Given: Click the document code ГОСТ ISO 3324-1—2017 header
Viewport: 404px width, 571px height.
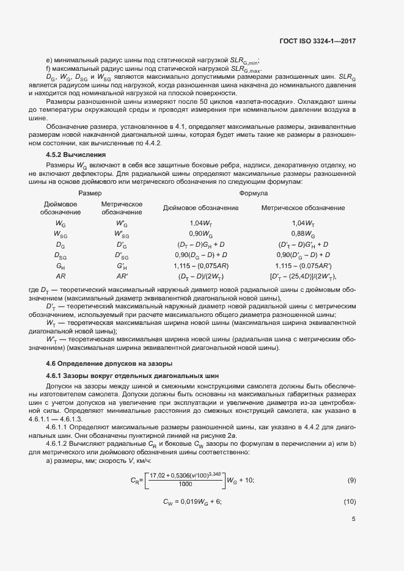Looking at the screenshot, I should pos(321,42).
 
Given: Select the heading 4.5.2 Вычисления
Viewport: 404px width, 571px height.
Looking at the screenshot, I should pos(76,155).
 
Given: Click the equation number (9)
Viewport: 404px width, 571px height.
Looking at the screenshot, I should pos(351,481).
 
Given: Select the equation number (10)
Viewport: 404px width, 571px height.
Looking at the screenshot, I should pos(350,501).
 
